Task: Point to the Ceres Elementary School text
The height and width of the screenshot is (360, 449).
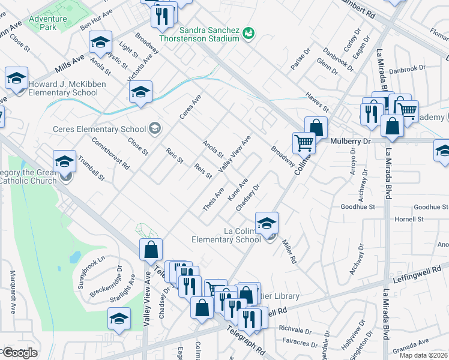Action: [x=99, y=129]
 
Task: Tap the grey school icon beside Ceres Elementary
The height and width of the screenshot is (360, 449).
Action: [x=155, y=128]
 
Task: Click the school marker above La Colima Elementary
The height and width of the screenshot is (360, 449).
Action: [x=266, y=223]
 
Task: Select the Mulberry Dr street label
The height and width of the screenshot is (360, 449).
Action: [x=352, y=141]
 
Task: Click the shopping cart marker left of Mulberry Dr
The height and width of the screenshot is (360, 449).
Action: [x=304, y=142]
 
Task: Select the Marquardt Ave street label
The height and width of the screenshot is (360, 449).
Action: [x=13, y=292]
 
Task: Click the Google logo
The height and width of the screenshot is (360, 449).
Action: [x=20, y=352]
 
